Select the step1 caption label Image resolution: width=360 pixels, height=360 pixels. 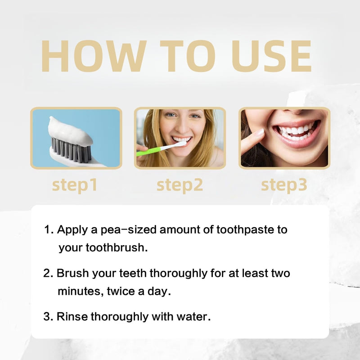point(75,184)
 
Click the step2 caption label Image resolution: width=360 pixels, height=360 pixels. point(180,184)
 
